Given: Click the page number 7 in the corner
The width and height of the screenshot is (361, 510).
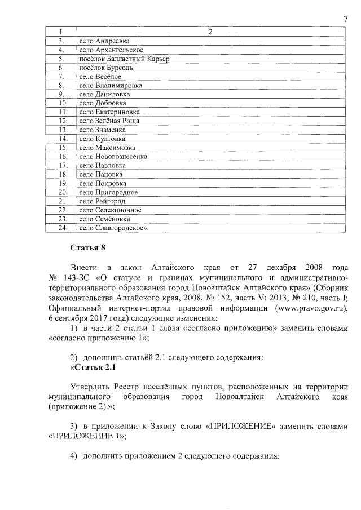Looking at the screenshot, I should click(345, 20).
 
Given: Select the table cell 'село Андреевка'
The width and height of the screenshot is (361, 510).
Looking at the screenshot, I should click(104, 41).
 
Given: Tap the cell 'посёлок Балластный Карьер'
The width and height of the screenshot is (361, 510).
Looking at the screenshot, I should click(124, 59).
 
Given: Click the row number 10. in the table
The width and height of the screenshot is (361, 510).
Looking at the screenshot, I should click(63, 103).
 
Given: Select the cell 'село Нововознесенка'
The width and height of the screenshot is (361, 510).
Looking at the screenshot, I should click(113, 156).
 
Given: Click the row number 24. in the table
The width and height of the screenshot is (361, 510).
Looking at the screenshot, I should click(63, 228).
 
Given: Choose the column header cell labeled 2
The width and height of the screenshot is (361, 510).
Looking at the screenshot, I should click(210, 32).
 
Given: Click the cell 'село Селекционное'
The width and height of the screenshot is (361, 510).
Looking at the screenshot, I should click(110, 210).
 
